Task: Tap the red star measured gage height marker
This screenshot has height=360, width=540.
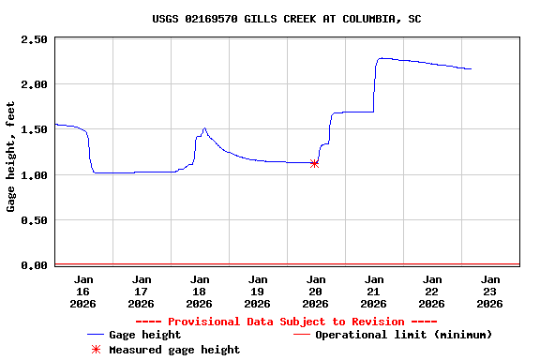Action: coord(314,163)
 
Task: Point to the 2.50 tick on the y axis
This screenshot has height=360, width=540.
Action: coord(34,39)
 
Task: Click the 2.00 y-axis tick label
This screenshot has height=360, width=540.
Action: coord(34,84)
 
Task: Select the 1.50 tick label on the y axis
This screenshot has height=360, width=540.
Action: coord(34,129)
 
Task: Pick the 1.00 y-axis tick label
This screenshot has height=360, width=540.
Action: coord(34,175)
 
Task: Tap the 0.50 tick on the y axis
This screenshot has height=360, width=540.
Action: coord(34,220)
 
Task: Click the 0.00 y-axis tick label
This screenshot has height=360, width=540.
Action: coord(34,265)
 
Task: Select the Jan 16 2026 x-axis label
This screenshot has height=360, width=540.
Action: coord(83,291)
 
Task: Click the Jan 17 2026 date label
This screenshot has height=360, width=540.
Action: coord(142,291)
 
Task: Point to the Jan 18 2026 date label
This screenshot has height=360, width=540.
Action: coord(200,291)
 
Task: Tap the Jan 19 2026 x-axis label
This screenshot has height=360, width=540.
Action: coord(258,291)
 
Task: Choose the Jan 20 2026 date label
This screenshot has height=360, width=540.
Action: coord(316,291)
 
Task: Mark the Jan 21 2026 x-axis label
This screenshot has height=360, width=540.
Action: coord(374,291)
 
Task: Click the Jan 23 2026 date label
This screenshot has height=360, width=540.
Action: coord(489,291)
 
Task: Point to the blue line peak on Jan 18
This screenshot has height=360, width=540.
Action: coord(204,128)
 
